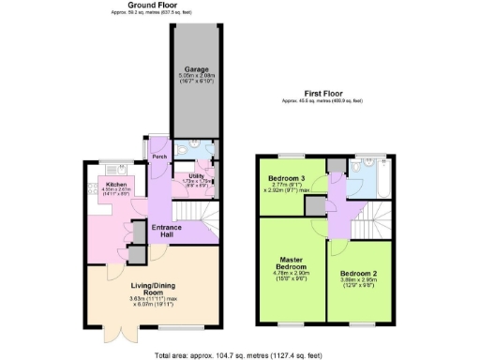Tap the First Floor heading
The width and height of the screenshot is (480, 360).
322,93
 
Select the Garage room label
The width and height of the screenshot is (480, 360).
195,69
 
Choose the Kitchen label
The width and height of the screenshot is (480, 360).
116,185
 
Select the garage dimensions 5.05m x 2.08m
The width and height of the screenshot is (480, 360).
195,78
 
